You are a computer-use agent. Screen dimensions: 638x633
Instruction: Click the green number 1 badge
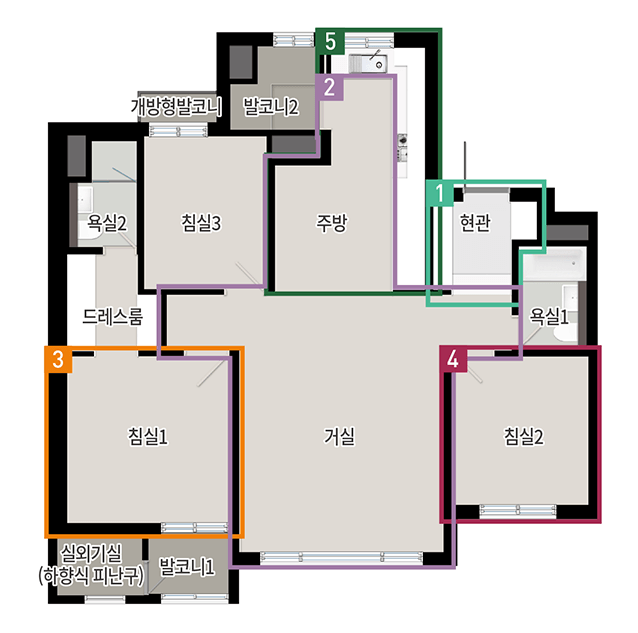439,193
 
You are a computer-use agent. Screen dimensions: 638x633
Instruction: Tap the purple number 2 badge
330,87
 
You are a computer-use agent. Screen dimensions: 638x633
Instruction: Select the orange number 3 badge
58,359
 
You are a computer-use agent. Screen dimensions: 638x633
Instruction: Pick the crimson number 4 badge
453,359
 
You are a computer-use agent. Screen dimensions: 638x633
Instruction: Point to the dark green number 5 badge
330,41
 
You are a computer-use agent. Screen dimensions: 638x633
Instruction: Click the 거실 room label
339,437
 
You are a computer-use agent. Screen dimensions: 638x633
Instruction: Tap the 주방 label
332,223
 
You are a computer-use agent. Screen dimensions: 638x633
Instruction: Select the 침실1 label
148,437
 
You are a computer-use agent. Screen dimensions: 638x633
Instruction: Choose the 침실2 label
524,437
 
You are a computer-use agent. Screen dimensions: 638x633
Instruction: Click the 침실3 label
201,223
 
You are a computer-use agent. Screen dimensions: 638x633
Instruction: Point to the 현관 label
475,223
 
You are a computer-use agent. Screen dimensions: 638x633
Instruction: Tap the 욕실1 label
548,316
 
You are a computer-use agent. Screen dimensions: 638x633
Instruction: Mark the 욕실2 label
107,223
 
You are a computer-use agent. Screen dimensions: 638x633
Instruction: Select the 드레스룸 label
113,316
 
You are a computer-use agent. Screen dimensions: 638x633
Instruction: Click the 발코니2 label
271,107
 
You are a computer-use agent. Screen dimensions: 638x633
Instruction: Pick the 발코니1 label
187,567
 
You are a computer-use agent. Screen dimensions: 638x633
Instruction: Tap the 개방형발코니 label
176,107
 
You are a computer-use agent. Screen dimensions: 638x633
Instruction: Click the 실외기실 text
91,553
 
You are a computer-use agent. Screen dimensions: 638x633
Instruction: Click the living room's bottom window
341,557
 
